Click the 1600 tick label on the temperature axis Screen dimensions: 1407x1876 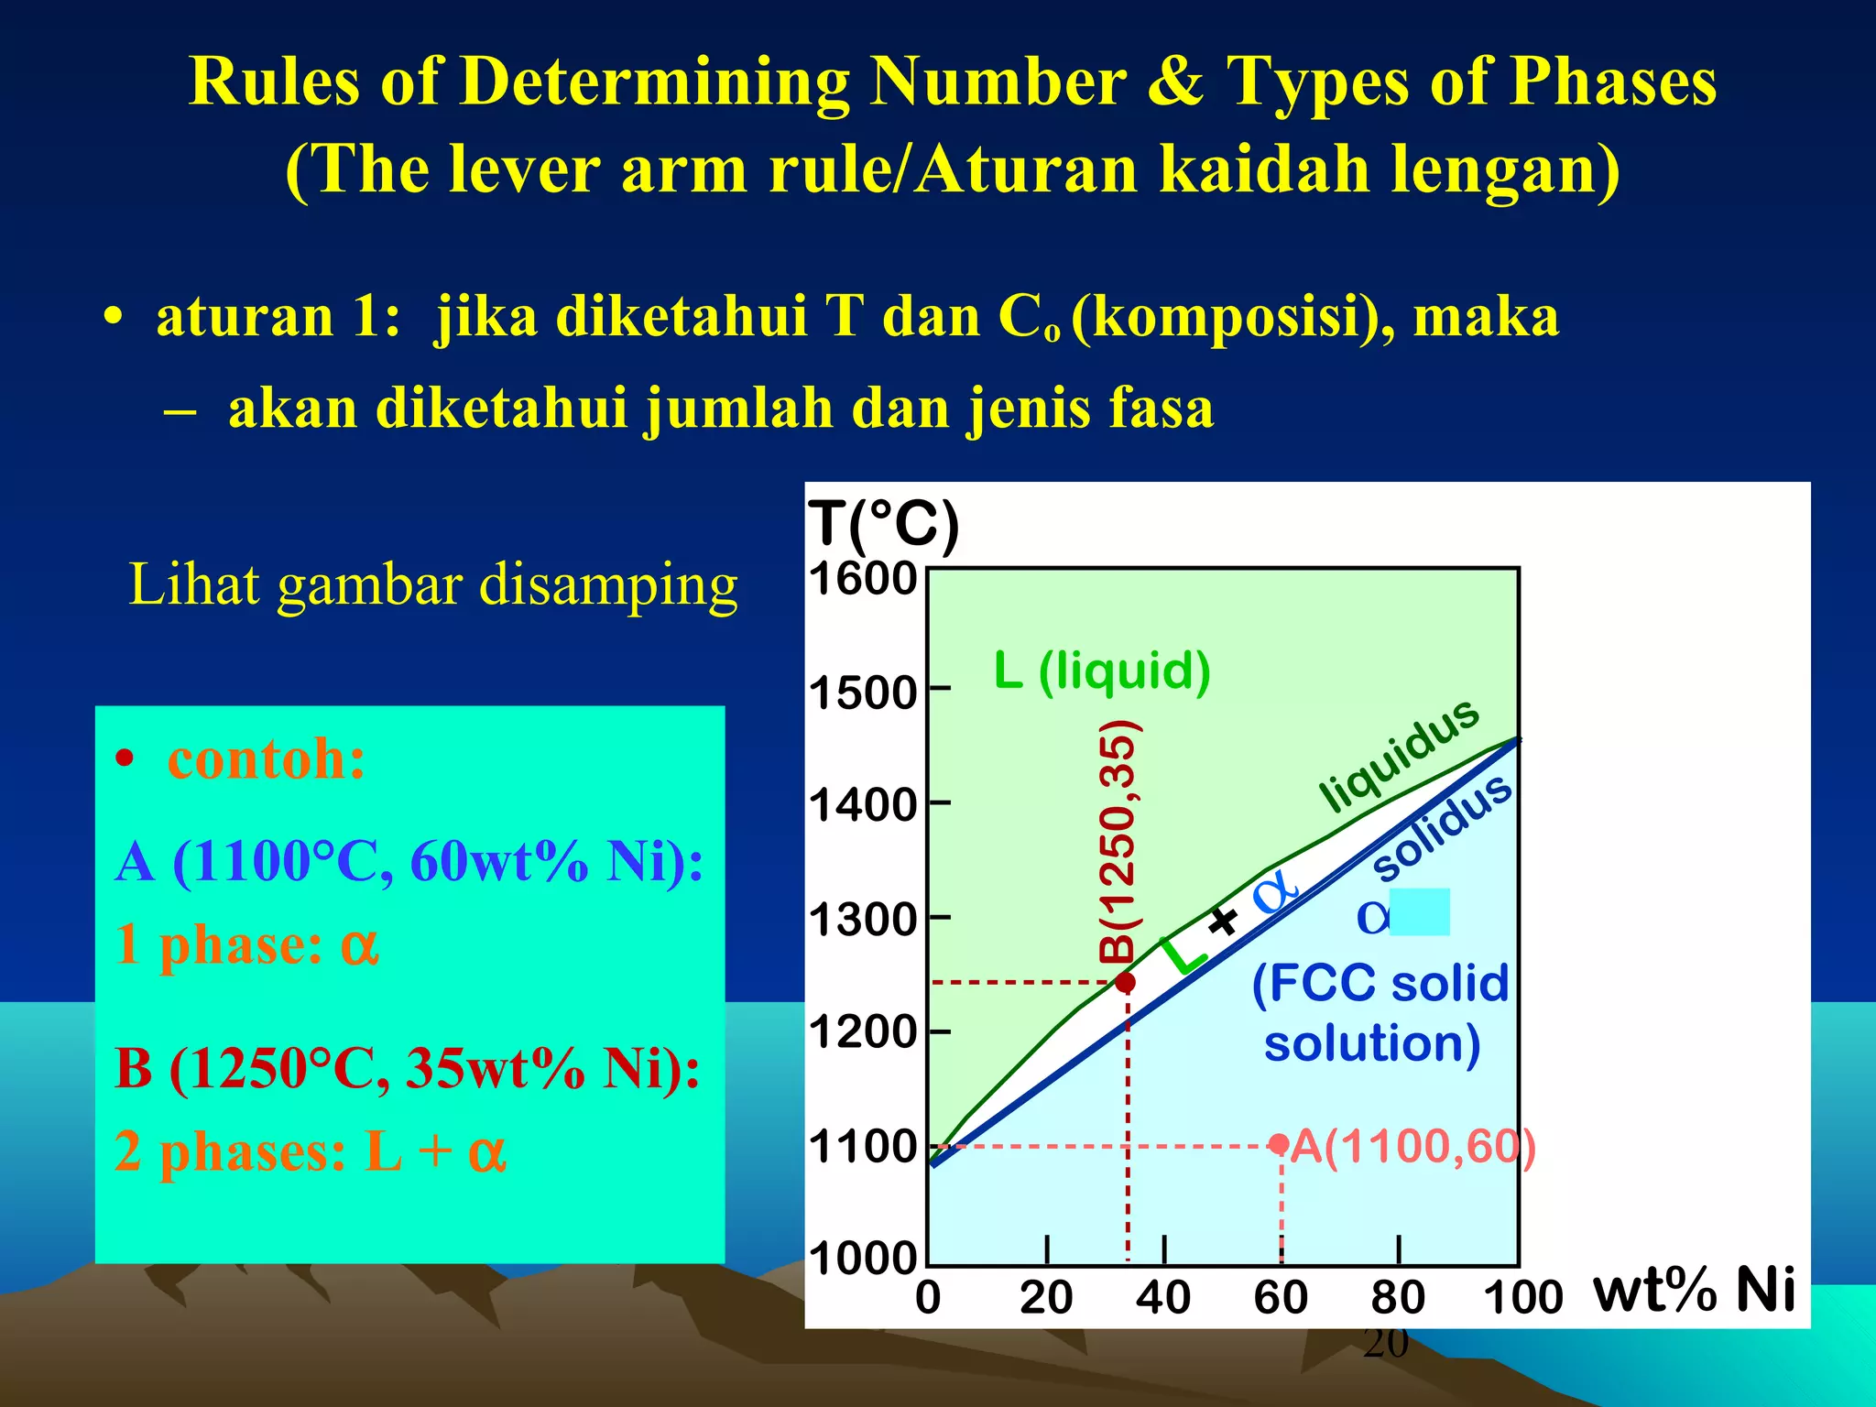point(863,579)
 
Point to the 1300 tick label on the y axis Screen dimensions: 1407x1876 point(863,919)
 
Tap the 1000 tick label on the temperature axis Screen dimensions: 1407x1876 point(863,1259)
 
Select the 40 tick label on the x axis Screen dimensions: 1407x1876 point(1163,1298)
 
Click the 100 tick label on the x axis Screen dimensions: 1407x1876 point(1522,1298)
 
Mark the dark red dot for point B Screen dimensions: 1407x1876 point(1126,982)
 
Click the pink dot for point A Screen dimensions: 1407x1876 point(1280,1143)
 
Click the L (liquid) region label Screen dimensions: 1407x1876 point(1102,671)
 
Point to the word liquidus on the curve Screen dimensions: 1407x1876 point(1399,754)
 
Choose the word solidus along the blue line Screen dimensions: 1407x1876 point(1442,826)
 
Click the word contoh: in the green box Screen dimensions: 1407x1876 point(266,759)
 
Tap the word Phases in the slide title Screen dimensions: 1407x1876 point(1612,82)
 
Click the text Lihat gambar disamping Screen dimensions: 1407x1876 point(433,584)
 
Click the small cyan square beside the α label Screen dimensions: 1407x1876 point(1420,911)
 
